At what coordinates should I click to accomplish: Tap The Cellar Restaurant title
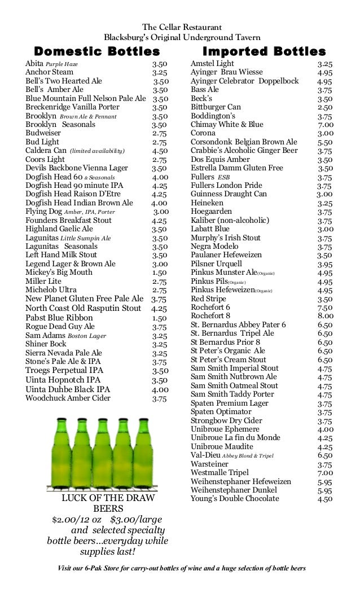point(182,27)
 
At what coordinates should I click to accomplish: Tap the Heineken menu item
point(207,203)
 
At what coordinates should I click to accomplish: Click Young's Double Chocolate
point(235,499)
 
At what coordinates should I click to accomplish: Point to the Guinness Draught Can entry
point(229,194)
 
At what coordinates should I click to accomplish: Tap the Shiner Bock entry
point(46,344)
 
